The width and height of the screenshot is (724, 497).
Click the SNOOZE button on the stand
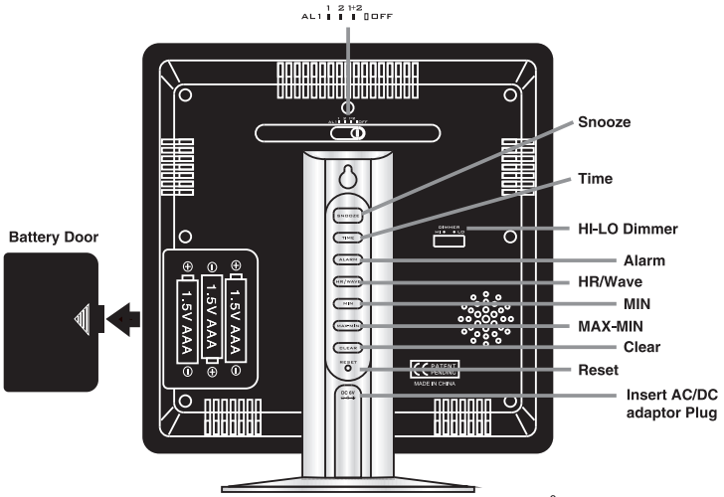[x=348, y=215]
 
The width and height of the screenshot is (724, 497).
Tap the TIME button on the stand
[x=348, y=238]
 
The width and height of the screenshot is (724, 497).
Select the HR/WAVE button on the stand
[x=348, y=281]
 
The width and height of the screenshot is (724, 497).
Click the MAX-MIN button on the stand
[x=348, y=325]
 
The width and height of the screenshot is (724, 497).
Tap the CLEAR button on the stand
[x=348, y=347]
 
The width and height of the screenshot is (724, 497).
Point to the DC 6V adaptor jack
[x=348, y=396]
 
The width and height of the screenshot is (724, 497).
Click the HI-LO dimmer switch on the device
[x=449, y=239]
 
